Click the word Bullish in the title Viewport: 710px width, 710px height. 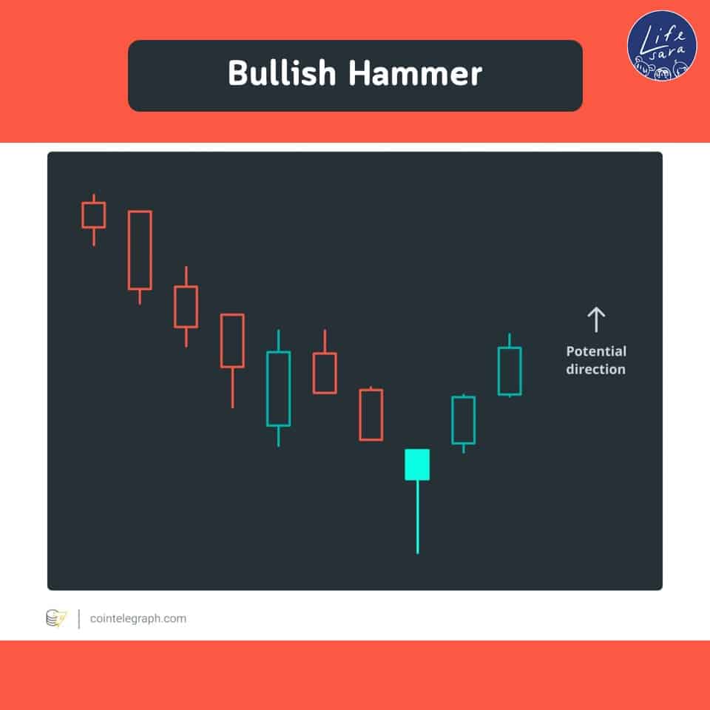click(282, 73)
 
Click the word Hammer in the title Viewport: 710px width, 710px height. click(415, 73)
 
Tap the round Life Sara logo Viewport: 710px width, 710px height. click(662, 46)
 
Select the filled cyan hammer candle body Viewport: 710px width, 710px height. click(417, 464)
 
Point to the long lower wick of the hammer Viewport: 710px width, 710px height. click(417, 517)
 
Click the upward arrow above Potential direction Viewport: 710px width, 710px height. click(596, 319)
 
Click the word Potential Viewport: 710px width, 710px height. click(596, 351)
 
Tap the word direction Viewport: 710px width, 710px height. click(596, 369)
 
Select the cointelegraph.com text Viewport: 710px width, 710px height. click(138, 618)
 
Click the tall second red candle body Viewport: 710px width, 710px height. click(140, 250)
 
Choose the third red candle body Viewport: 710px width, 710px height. click(186, 306)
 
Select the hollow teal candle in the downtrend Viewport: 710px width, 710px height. click(279, 389)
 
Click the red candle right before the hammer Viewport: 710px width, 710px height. click(371, 414)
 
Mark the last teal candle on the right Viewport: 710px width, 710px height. click(510, 371)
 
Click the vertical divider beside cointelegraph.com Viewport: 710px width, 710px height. click(79, 619)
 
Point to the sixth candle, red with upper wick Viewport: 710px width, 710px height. click(325, 373)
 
